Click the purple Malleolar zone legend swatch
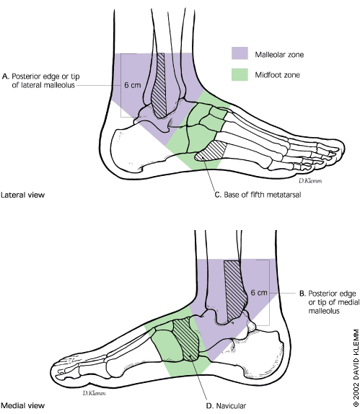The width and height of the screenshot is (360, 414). (x=240, y=53)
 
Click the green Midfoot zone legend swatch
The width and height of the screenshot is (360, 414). (x=240, y=74)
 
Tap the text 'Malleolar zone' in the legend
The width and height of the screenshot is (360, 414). (x=279, y=55)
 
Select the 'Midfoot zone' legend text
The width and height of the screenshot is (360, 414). (x=277, y=75)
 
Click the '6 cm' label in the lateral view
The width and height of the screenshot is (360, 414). (x=133, y=85)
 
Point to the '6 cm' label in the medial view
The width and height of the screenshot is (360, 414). (x=259, y=293)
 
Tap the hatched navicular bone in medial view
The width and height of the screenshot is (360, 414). (x=187, y=339)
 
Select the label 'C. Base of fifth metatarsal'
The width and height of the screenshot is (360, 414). (x=258, y=195)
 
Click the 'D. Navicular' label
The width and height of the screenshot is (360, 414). (x=226, y=405)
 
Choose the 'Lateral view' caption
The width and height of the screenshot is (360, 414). (x=22, y=195)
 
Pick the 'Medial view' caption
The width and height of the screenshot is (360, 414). (x=22, y=405)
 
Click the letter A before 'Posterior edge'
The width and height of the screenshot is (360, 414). (x=5, y=76)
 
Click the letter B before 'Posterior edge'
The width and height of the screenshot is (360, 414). (x=302, y=294)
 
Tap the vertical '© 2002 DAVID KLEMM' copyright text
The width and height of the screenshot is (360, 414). (x=356, y=368)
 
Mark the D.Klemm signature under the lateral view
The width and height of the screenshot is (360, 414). (x=310, y=180)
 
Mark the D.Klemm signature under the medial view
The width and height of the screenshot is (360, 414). (x=94, y=393)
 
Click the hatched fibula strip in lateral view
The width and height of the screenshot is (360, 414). (x=159, y=86)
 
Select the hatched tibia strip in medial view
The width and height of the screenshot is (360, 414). (x=234, y=291)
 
